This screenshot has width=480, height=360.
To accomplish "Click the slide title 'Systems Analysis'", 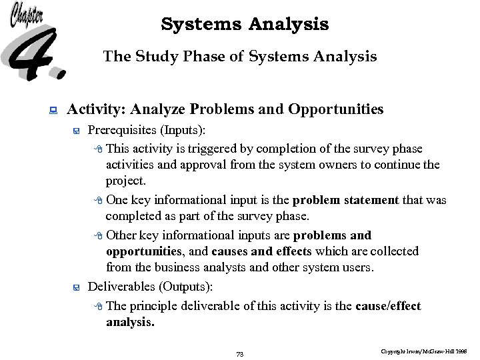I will (245, 25).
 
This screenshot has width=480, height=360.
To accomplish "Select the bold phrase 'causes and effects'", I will (261, 251).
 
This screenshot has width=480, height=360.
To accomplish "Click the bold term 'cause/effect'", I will (388, 306).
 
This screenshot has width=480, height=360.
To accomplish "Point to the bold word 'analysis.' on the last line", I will (130, 323).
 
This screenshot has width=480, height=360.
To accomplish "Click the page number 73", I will (240, 354).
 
